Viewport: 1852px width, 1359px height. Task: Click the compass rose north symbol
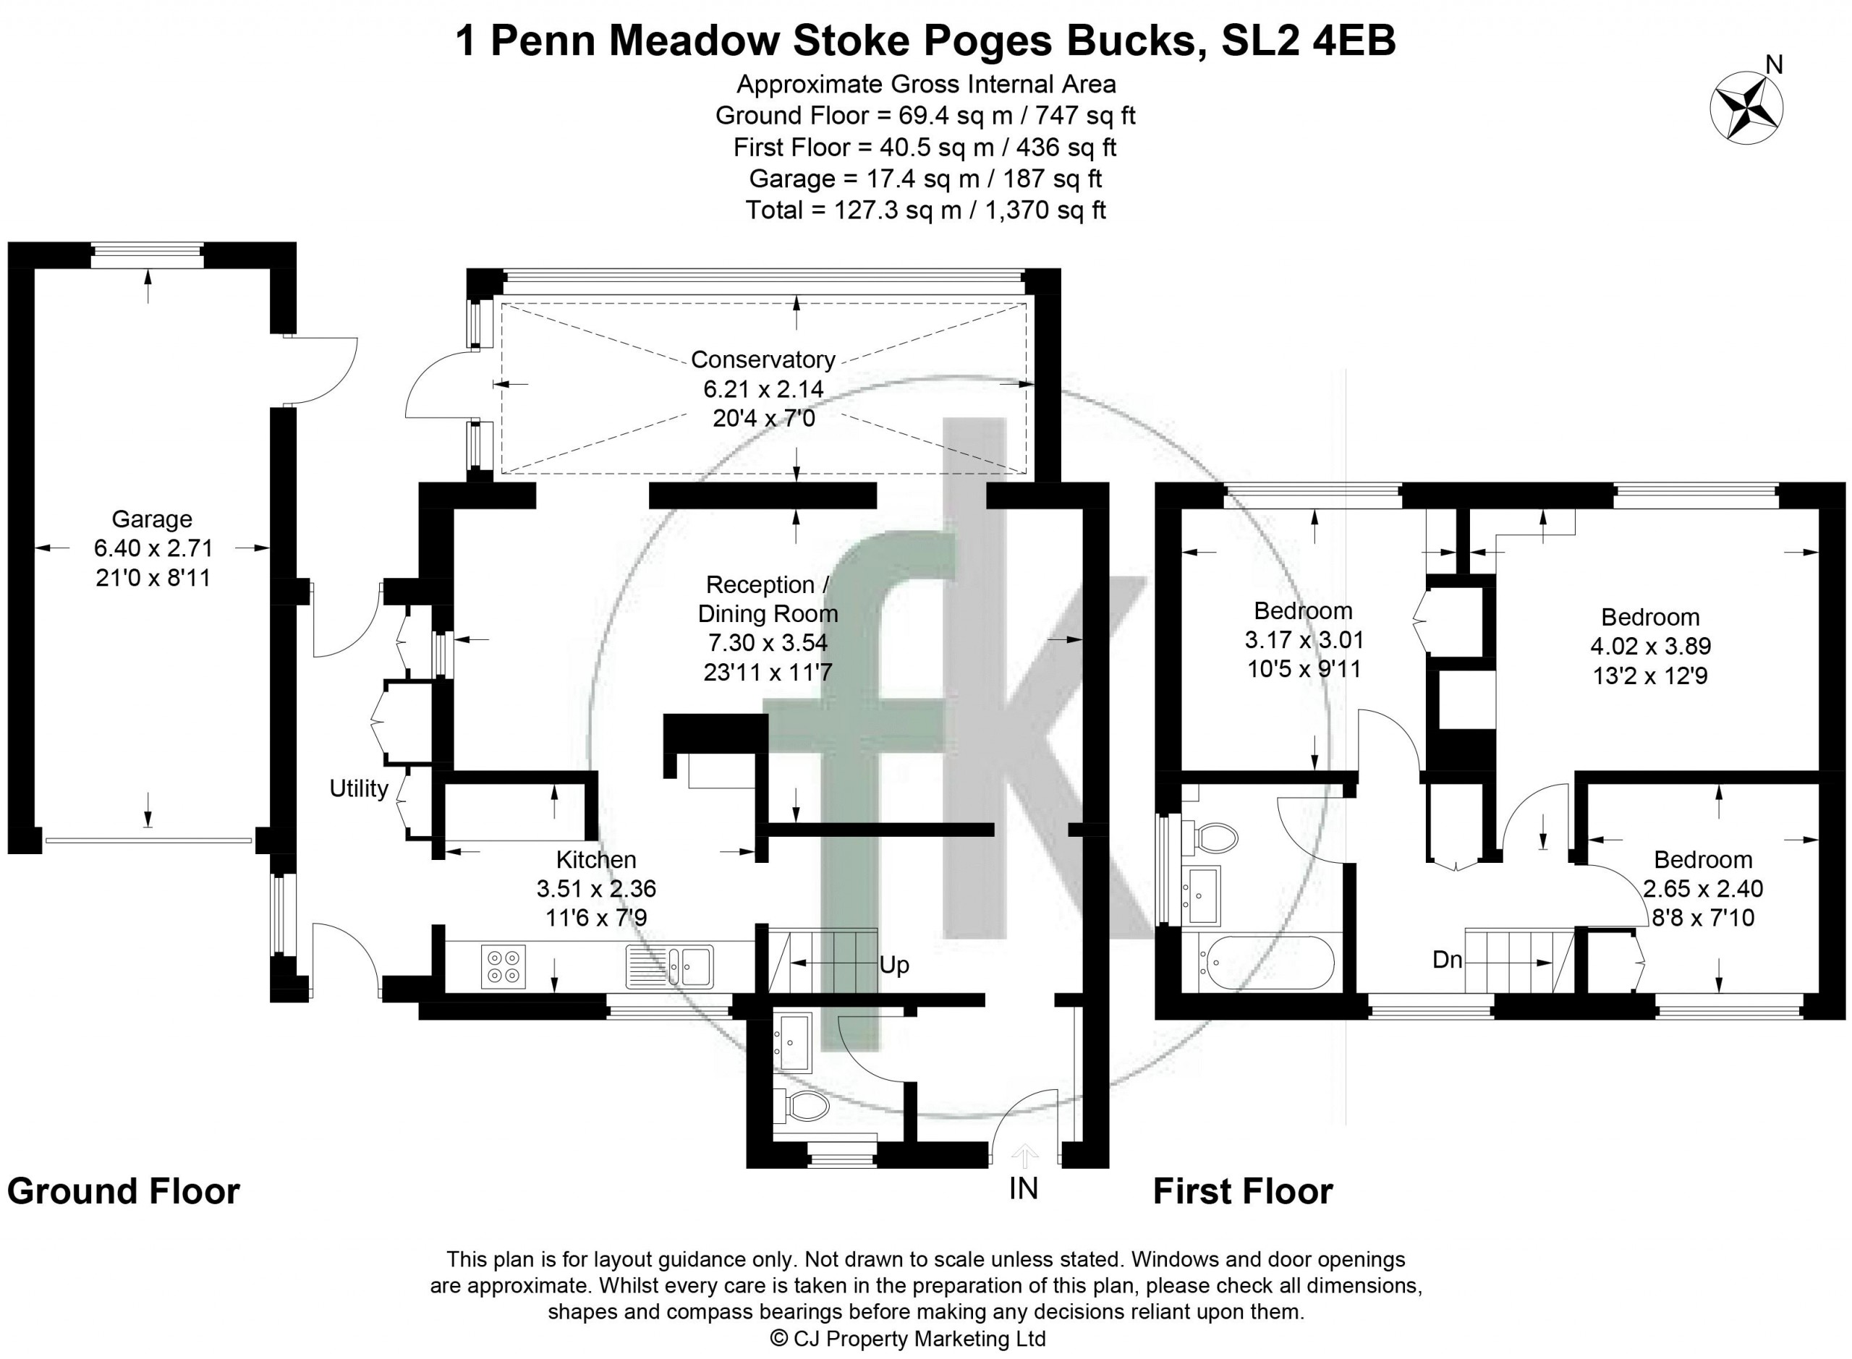coord(1746,107)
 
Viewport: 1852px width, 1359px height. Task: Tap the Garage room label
coord(152,519)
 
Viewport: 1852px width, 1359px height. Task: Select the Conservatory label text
coord(763,359)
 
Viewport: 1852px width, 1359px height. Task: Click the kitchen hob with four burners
coord(504,966)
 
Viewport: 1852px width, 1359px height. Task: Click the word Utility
coord(359,788)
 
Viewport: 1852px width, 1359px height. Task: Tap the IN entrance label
coord(1024,1189)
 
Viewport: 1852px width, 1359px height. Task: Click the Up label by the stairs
coord(894,965)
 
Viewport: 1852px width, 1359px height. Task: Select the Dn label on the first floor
coord(1447,959)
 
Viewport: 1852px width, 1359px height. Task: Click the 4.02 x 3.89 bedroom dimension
coord(1650,647)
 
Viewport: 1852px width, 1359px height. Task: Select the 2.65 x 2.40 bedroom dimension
coord(1703,888)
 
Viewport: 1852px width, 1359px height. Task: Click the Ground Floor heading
coord(124,1191)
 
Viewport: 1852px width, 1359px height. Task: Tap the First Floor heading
coord(1242,1191)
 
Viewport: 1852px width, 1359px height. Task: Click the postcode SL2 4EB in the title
coord(1308,41)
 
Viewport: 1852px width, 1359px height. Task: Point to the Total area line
coord(925,210)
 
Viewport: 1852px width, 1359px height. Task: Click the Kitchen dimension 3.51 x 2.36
coord(597,888)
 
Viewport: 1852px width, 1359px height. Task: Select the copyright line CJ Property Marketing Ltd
coord(907,1339)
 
